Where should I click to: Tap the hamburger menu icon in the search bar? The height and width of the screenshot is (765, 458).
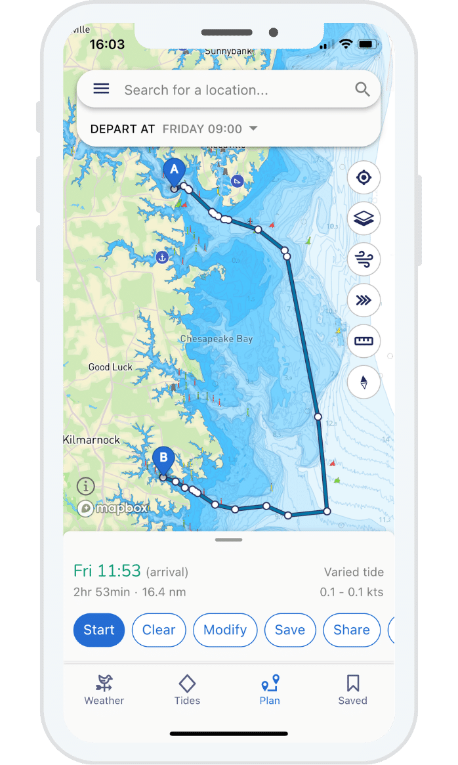click(x=101, y=89)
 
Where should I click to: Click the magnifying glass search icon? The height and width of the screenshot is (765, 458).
click(x=362, y=89)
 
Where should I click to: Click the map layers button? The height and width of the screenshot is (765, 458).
click(x=364, y=218)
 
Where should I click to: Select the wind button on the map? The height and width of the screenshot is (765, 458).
click(x=364, y=259)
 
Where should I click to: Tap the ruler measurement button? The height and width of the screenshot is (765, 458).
click(x=364, y=341)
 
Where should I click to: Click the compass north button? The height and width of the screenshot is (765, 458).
click(x=364, y=382)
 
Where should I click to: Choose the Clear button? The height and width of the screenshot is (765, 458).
click(x=159, y=630)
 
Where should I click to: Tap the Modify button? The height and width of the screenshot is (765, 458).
click(x=225, y=630)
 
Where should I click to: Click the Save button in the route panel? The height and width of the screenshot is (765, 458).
click(x=290, y=630)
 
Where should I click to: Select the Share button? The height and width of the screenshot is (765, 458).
click(x=352, y=630)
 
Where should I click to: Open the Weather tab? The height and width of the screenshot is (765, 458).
click(x=104, y=689)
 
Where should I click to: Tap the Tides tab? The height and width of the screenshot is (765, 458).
click(x=187, y=689)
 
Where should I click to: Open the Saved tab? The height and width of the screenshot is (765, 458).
click(x=352, y=689)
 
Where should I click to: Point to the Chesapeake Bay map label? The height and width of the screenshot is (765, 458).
click(x=216, y=339)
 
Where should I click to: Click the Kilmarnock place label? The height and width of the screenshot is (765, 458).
click(x=92, y=439)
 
